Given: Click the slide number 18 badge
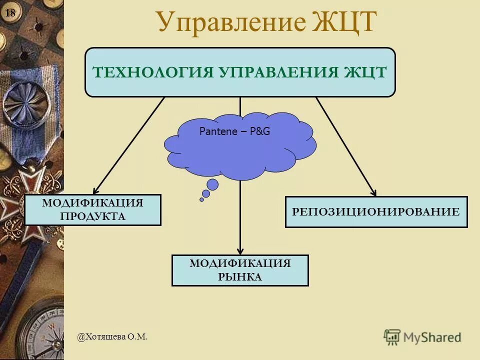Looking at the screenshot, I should pos(10,13).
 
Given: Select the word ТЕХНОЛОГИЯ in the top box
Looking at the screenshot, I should pos(152,72).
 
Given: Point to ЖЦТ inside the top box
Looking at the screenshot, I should pos(365,72).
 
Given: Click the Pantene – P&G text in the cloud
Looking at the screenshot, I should pos(234,131).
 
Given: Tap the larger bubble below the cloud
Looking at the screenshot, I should pos(212,185).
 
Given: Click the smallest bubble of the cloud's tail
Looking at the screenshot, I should pos(202,199).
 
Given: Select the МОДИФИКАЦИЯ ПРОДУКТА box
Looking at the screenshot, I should pos(93,210).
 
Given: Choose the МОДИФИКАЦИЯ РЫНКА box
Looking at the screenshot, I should pos(240,270).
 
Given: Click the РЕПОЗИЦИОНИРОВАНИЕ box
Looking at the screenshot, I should pos(376,212).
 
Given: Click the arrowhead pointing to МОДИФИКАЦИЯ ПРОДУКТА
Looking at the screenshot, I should pos(95,190).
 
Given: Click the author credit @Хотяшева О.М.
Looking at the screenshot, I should pos(112,337).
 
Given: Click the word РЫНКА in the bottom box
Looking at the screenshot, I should pos(240,277).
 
